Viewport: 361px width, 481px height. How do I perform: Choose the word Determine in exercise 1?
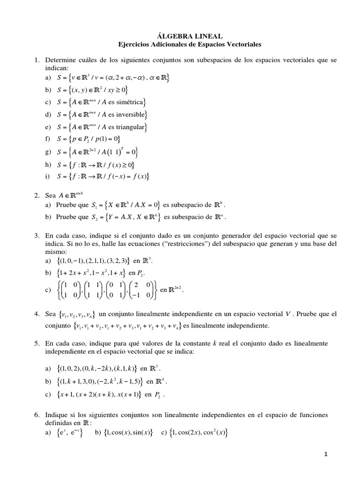click(x=60, y=61)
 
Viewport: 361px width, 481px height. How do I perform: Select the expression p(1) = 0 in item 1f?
click(x=106, y=139)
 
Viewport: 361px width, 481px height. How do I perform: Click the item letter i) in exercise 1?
click(x=47, y=177)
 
